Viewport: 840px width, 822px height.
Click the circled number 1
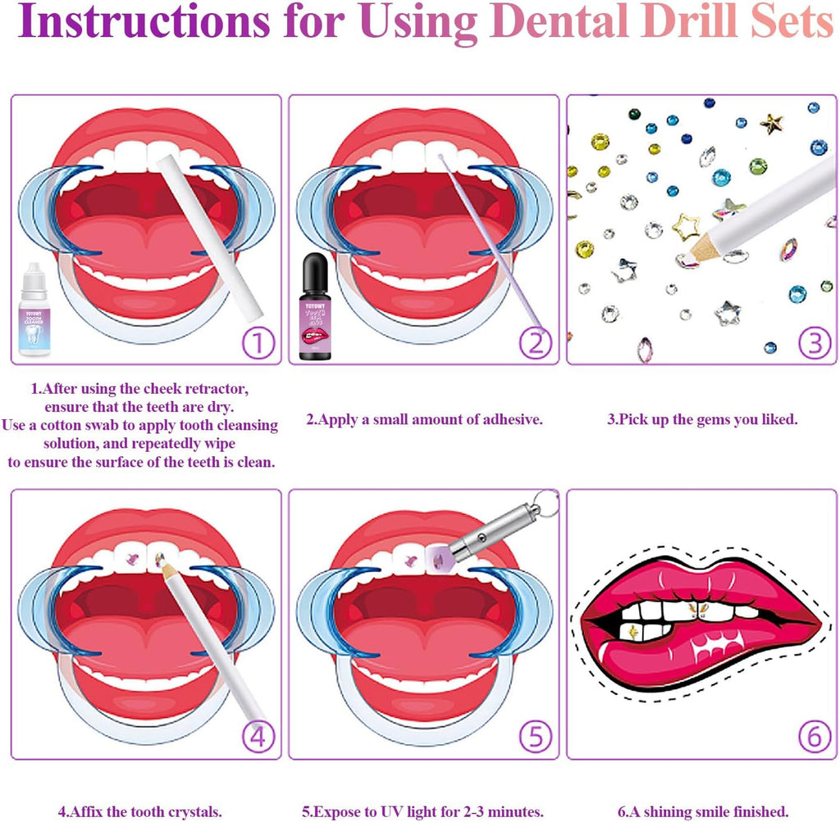tap(258, 343)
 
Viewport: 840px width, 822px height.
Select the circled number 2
tap(536, 343)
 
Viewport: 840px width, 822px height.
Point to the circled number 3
tap(814, 343)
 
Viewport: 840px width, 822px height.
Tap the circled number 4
tap(258, 738)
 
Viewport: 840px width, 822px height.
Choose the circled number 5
tap(536, 738)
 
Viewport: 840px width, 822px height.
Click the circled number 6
tap(814, 738)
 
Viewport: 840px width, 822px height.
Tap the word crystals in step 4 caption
tap(193, 811)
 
